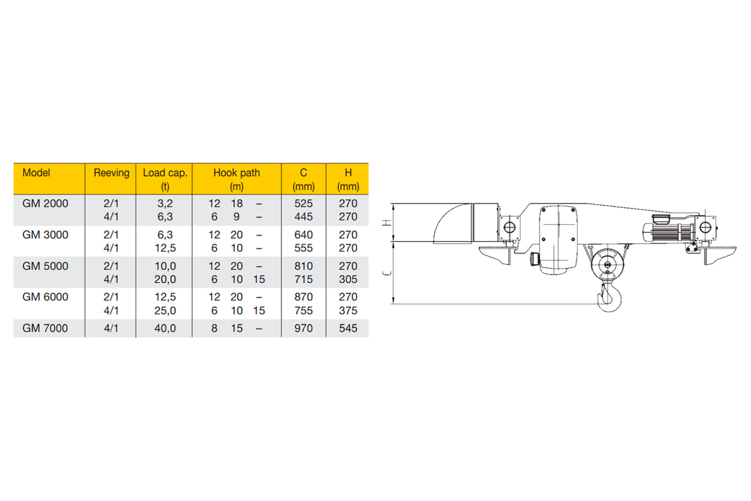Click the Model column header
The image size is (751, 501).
click(x=36, y=173)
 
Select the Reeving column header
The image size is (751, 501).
click(x=111, y=173)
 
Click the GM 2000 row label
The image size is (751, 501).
click(x=45, y=204)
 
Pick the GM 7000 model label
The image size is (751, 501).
click(x=45, y=328)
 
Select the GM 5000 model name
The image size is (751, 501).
click(x=45, y=266)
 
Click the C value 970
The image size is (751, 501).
click(x=304, y=328)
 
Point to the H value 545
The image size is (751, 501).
click(x=348, y=328)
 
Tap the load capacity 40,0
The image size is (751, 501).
click(x=165, y=328)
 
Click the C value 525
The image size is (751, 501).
click(x=304, y=204)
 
